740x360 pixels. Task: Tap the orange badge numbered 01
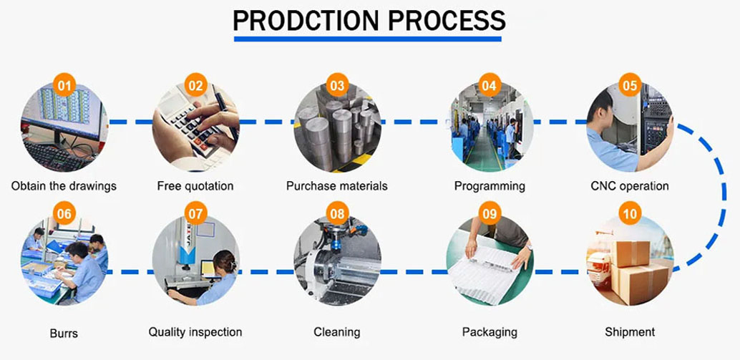64,86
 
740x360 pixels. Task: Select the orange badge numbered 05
630,86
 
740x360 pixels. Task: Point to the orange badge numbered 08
338,213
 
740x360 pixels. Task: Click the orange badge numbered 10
630,213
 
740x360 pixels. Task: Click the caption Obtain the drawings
64,186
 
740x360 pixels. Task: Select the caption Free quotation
195,186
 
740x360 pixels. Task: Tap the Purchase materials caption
337,186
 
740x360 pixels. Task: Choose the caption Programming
490,186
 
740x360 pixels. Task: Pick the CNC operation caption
630,186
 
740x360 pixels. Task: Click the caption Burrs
64,334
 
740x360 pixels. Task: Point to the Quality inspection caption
195,332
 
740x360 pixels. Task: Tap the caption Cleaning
337,332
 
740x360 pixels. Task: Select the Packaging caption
490,332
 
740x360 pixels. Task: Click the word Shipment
630,332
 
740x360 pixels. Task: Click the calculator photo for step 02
195,129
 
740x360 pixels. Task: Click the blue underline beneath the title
369,38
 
